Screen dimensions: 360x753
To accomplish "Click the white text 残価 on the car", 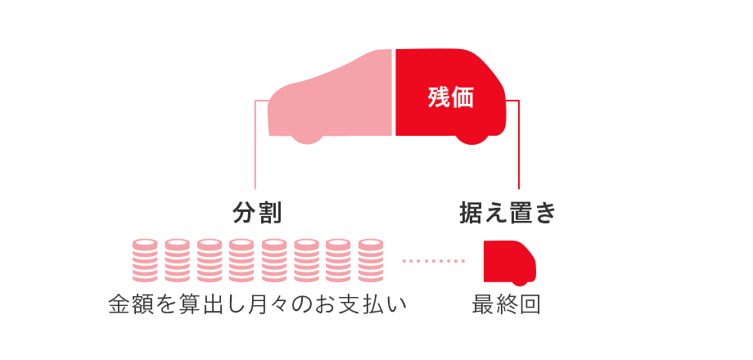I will pyautogui.click(x=451, y=97).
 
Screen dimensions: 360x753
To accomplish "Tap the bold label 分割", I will pyautogui.click(x=258, y=213).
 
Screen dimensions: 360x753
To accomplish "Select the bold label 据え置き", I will pyautogui.click(x=507, y=213).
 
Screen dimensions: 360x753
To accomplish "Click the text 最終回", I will pyautogui.click(x=507, y=304).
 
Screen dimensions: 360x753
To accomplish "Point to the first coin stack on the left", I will pyautogui.click(x=144, y=260).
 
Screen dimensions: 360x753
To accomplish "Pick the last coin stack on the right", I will pyautogui.click(x=370, y=260).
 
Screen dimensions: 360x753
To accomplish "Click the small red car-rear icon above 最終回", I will pyautogui.click(x=508, y=260).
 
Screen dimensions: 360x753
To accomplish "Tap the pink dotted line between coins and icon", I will pyautogui.click(x=434, y=262).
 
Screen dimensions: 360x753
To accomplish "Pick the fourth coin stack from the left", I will pyautogui.click(x=241, y=260).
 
